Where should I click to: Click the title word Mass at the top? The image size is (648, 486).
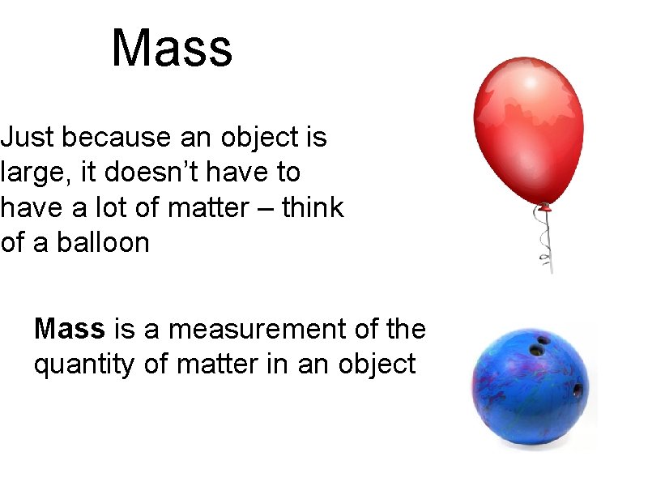[x=172, y=49]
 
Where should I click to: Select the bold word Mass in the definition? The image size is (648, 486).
[x=70, y=329]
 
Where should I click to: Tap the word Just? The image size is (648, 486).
[x=28, y=138]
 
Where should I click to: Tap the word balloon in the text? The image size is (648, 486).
[x=104, y=242]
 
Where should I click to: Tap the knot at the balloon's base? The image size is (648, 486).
[x=545, y=207]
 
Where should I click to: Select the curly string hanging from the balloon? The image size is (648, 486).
[x=545, y=239]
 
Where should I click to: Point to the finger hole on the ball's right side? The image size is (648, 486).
[x=578, y=390]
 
